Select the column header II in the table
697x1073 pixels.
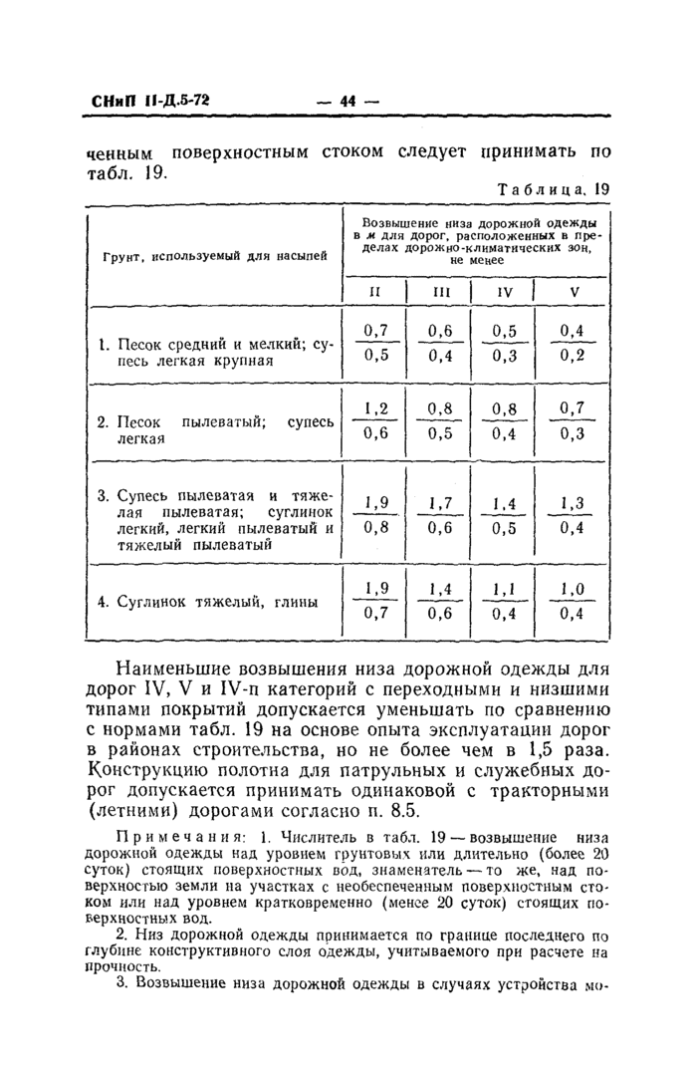coord(375,292)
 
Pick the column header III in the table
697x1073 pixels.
coord(440,292)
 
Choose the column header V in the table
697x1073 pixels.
coord(573,292)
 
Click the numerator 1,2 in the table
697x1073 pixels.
coord(375,407)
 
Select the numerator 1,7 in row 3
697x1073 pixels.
coord(440,502)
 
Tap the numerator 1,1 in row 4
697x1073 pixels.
coord(505,589)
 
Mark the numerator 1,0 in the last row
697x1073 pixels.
coord(572,589)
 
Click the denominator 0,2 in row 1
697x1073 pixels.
coord(572,356)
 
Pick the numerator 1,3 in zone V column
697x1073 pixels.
coord(572,502)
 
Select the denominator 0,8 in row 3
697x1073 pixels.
coord(375,528)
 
